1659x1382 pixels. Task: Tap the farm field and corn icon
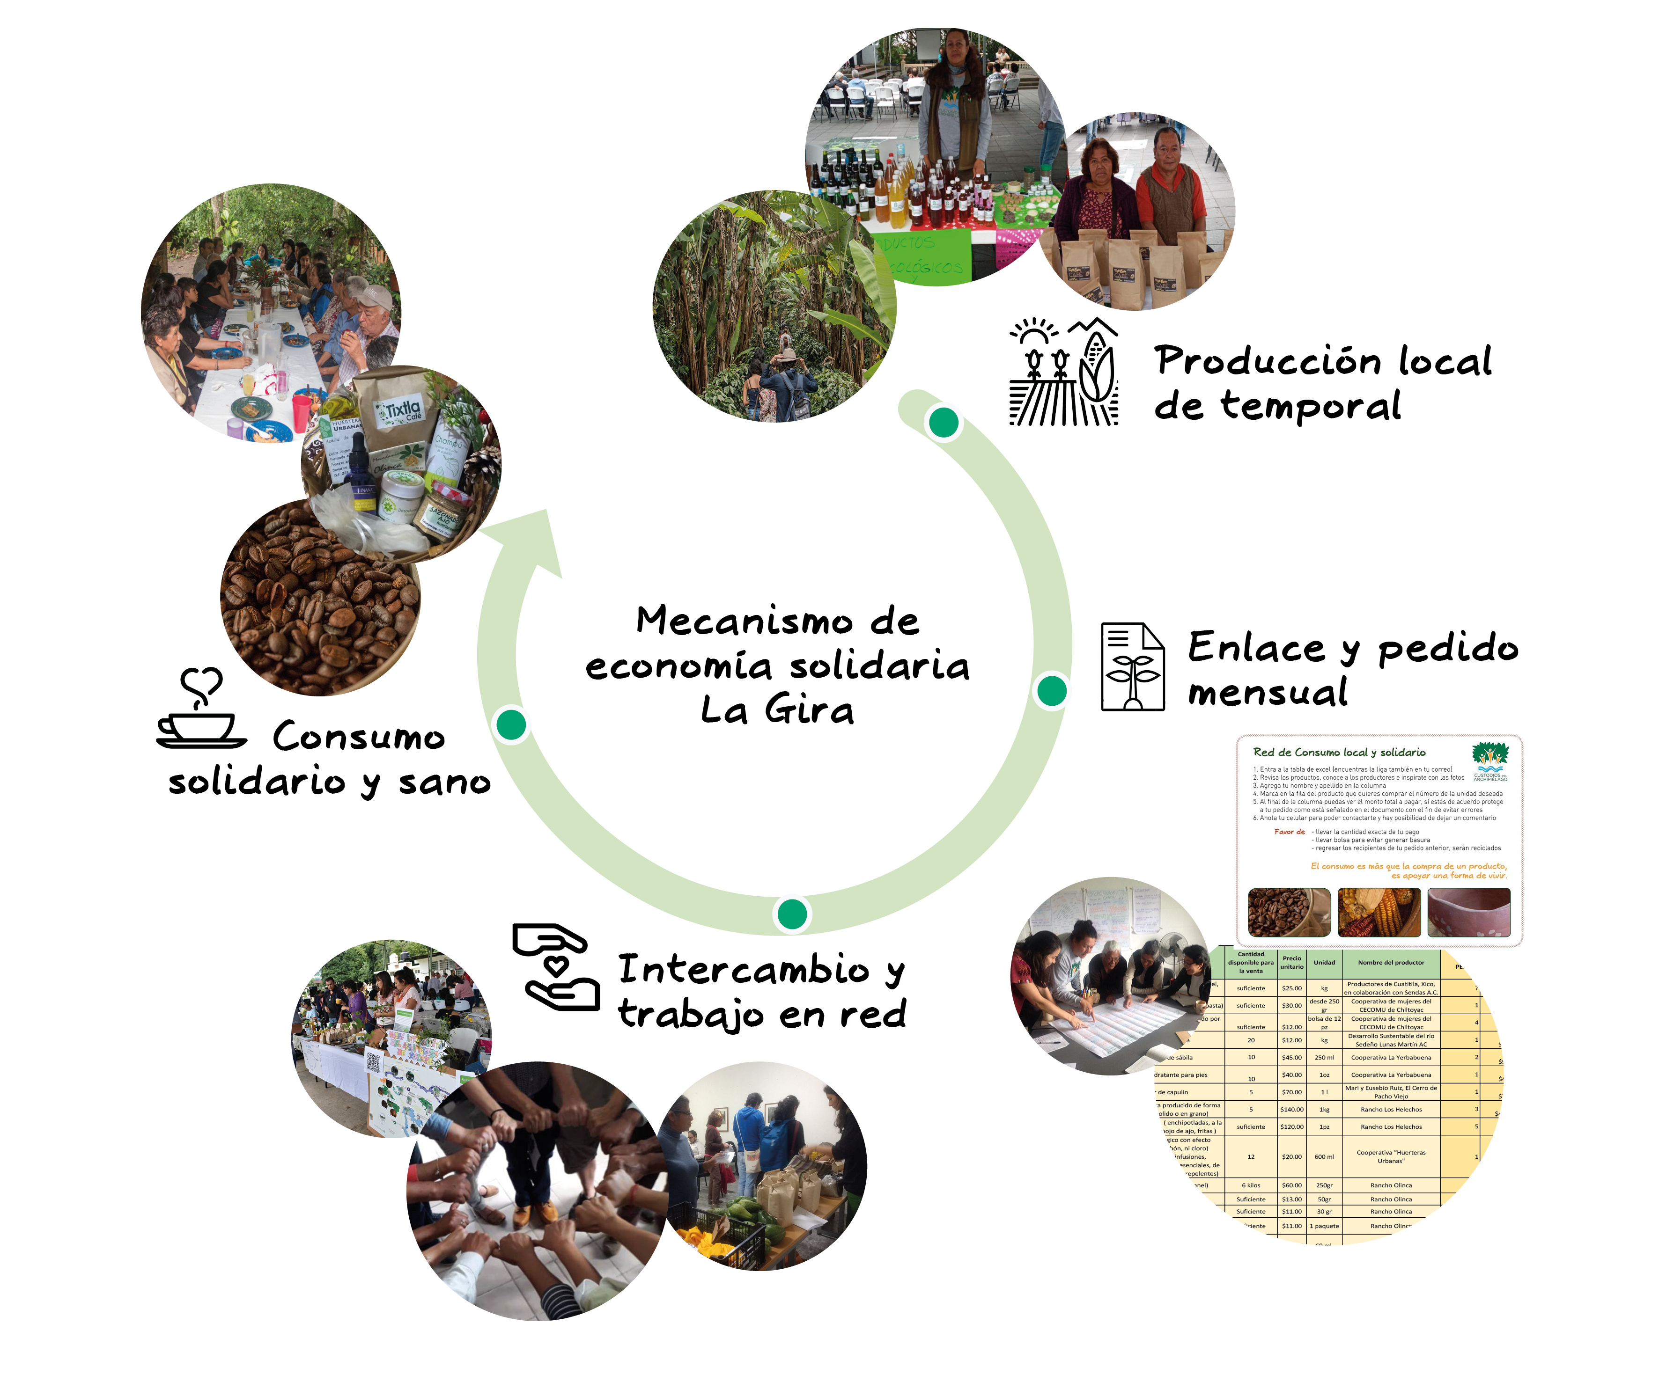1063,372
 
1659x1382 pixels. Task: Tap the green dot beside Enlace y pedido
1052,691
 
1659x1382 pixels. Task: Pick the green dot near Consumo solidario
511,724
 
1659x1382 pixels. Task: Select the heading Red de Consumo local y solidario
1339,753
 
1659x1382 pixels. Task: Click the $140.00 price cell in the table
1291,1110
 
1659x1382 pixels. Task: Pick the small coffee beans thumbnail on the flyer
1289,912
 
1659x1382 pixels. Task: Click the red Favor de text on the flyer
1289,832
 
